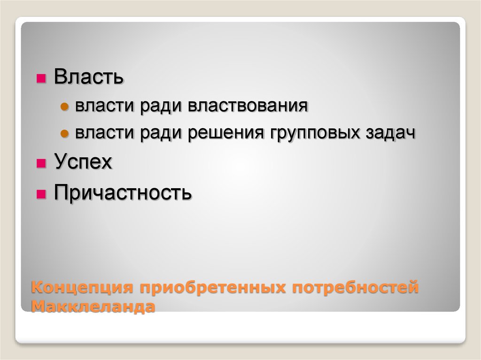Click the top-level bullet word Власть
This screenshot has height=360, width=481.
click(x=89, y=77)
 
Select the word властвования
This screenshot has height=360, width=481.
click(x=248, y=106)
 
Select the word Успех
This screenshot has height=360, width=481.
click(x=83, y=162)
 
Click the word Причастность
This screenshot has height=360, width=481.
click(x=123, y=192)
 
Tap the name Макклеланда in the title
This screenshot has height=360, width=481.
click(x=93, y=307)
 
